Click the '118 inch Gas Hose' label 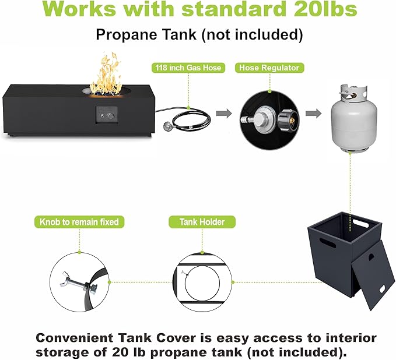coord(188,68)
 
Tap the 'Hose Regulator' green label coord(269,68)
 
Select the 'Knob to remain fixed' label coord(79,222)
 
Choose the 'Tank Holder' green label coord(202,222)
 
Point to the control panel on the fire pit coord(107,115)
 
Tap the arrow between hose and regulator coord(224,113)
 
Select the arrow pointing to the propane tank coord(313,113)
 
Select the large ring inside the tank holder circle coord(185,283)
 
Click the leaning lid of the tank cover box coord(373,276)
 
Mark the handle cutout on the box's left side coord(326,243)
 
